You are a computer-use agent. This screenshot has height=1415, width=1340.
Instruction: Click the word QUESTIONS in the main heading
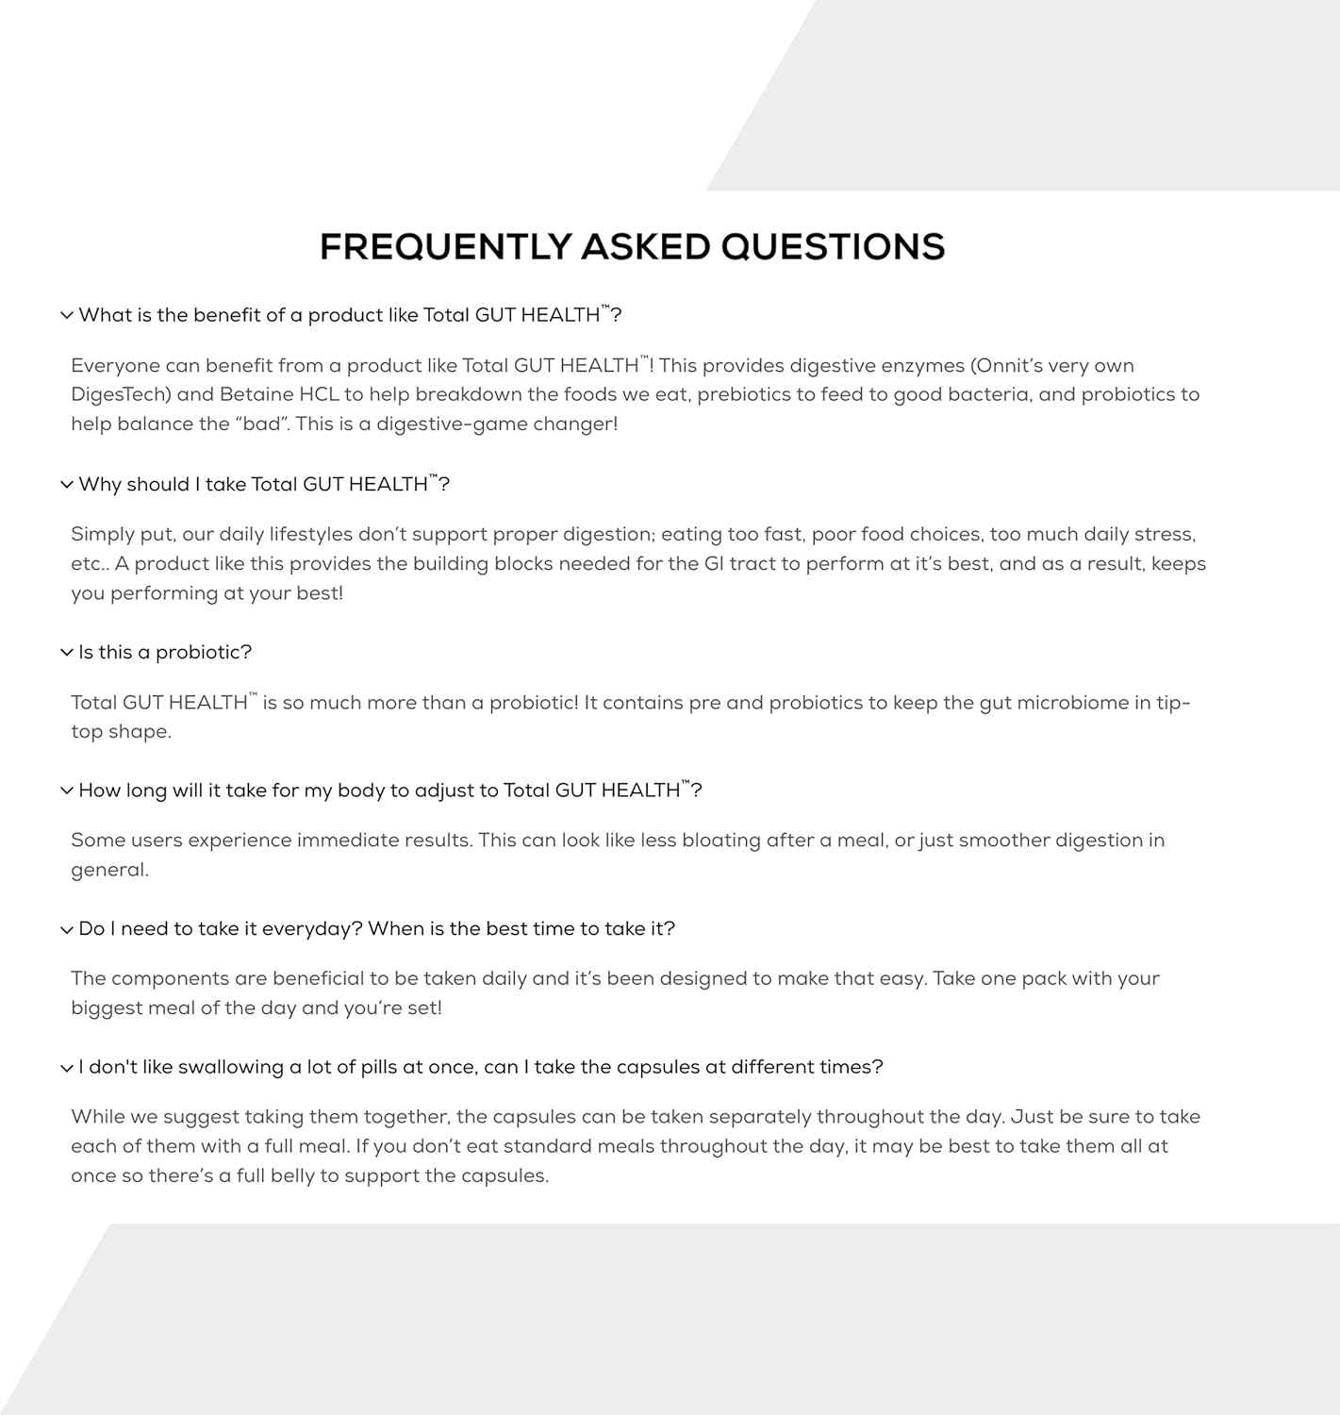pyautogui.click(x=833, y=247)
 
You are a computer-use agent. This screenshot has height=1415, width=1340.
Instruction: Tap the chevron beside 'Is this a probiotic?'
pyautogui.click(x=66, y=653)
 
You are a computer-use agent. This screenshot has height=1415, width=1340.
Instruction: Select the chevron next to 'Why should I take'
pyautogui.click(x=66, y=485)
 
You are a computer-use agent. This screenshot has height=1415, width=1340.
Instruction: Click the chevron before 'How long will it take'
pyautogui.click(x=66, y=791)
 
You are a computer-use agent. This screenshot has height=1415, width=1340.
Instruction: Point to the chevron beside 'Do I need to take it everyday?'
pyautogui.click(x=66, y=929)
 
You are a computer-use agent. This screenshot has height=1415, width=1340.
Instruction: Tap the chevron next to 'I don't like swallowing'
pyautogui.click(x=66, y=1068)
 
